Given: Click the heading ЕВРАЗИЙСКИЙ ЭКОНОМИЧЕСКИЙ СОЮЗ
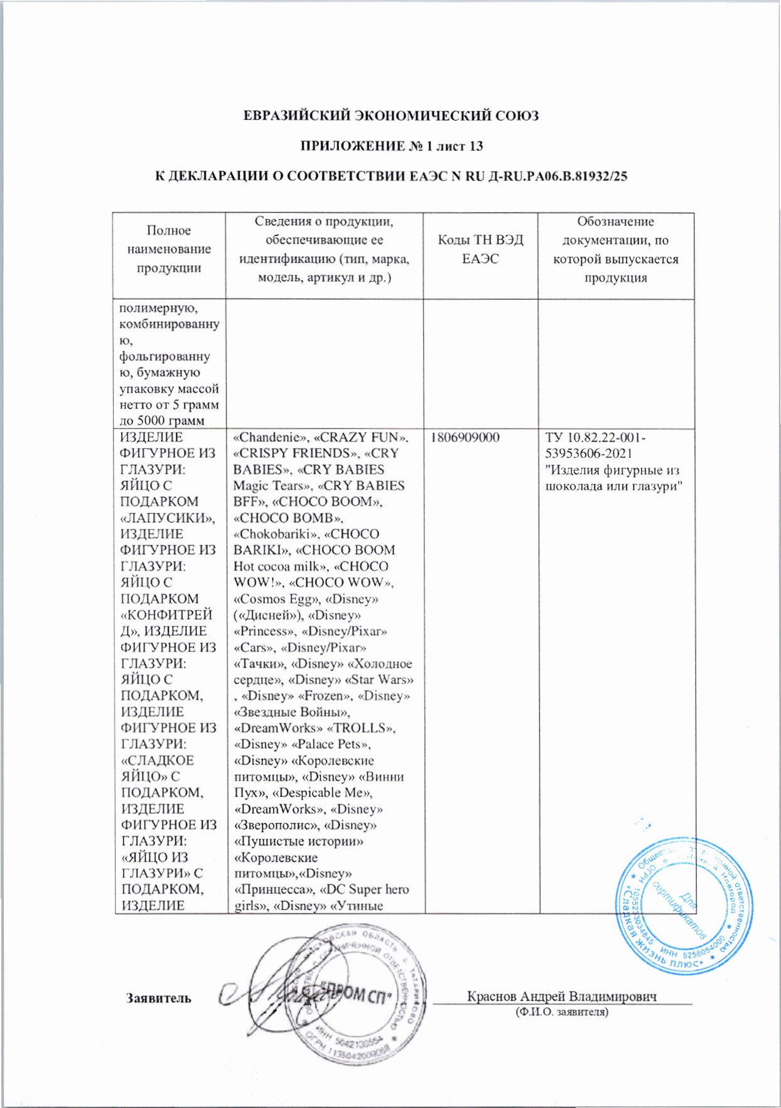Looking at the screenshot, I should tap(390, 116).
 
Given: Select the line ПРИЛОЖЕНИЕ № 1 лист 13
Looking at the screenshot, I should tap(390, 146).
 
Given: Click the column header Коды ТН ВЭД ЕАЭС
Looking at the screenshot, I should tap(480, 249).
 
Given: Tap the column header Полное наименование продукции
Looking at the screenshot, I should tap(169, 249).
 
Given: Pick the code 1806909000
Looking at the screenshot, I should tap(465, 437).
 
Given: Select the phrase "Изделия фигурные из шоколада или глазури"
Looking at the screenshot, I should tap(613, 478).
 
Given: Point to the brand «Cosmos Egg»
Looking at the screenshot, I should tap(268, 599).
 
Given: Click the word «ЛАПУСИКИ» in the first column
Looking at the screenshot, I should tap(167, 518).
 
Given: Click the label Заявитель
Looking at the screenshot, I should tap(159, 998).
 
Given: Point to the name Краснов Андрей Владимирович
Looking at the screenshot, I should tap(561, 996).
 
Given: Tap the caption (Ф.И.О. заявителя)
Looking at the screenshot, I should tap(561, 1012).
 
